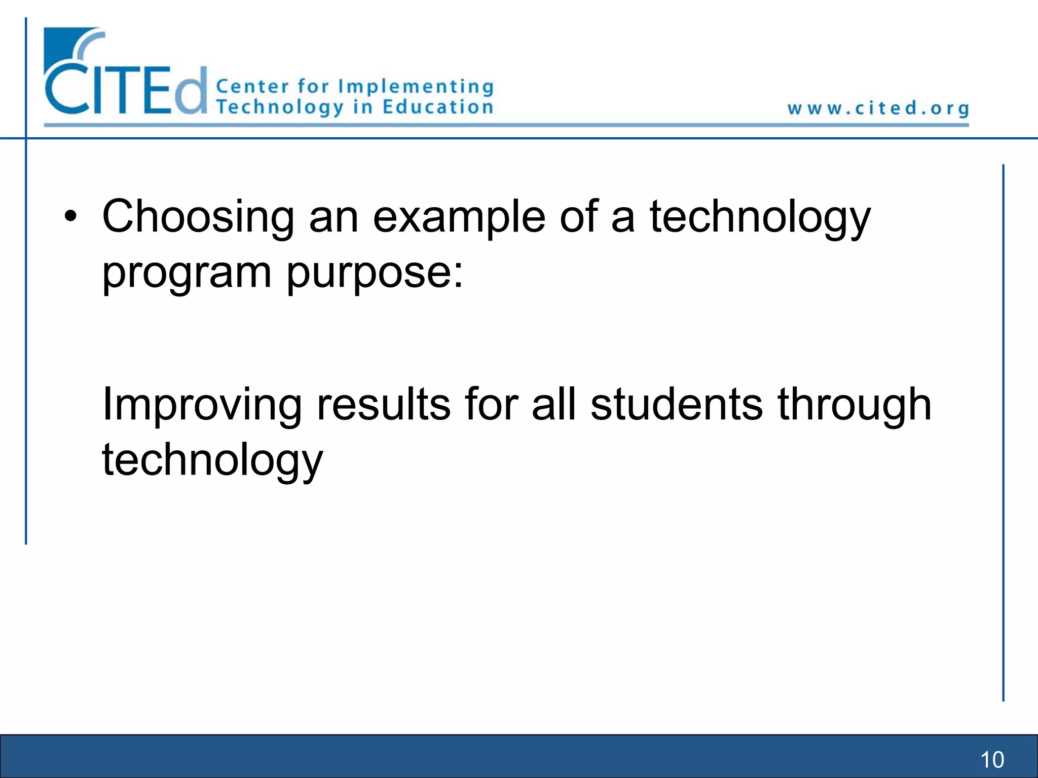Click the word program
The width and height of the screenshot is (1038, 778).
pyautogui.click(x=187, y=274)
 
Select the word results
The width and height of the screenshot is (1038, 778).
pyautogui.click(x=383, y=404)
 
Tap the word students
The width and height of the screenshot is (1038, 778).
pyautogui.click(x=677, y=404)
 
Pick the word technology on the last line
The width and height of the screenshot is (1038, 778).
pyautogui.click(x=212, y=460)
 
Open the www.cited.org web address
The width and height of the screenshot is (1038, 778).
pyautogui.click(x=878, y=108)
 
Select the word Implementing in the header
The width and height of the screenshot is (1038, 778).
pyautogui.click(x=416, y=87)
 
